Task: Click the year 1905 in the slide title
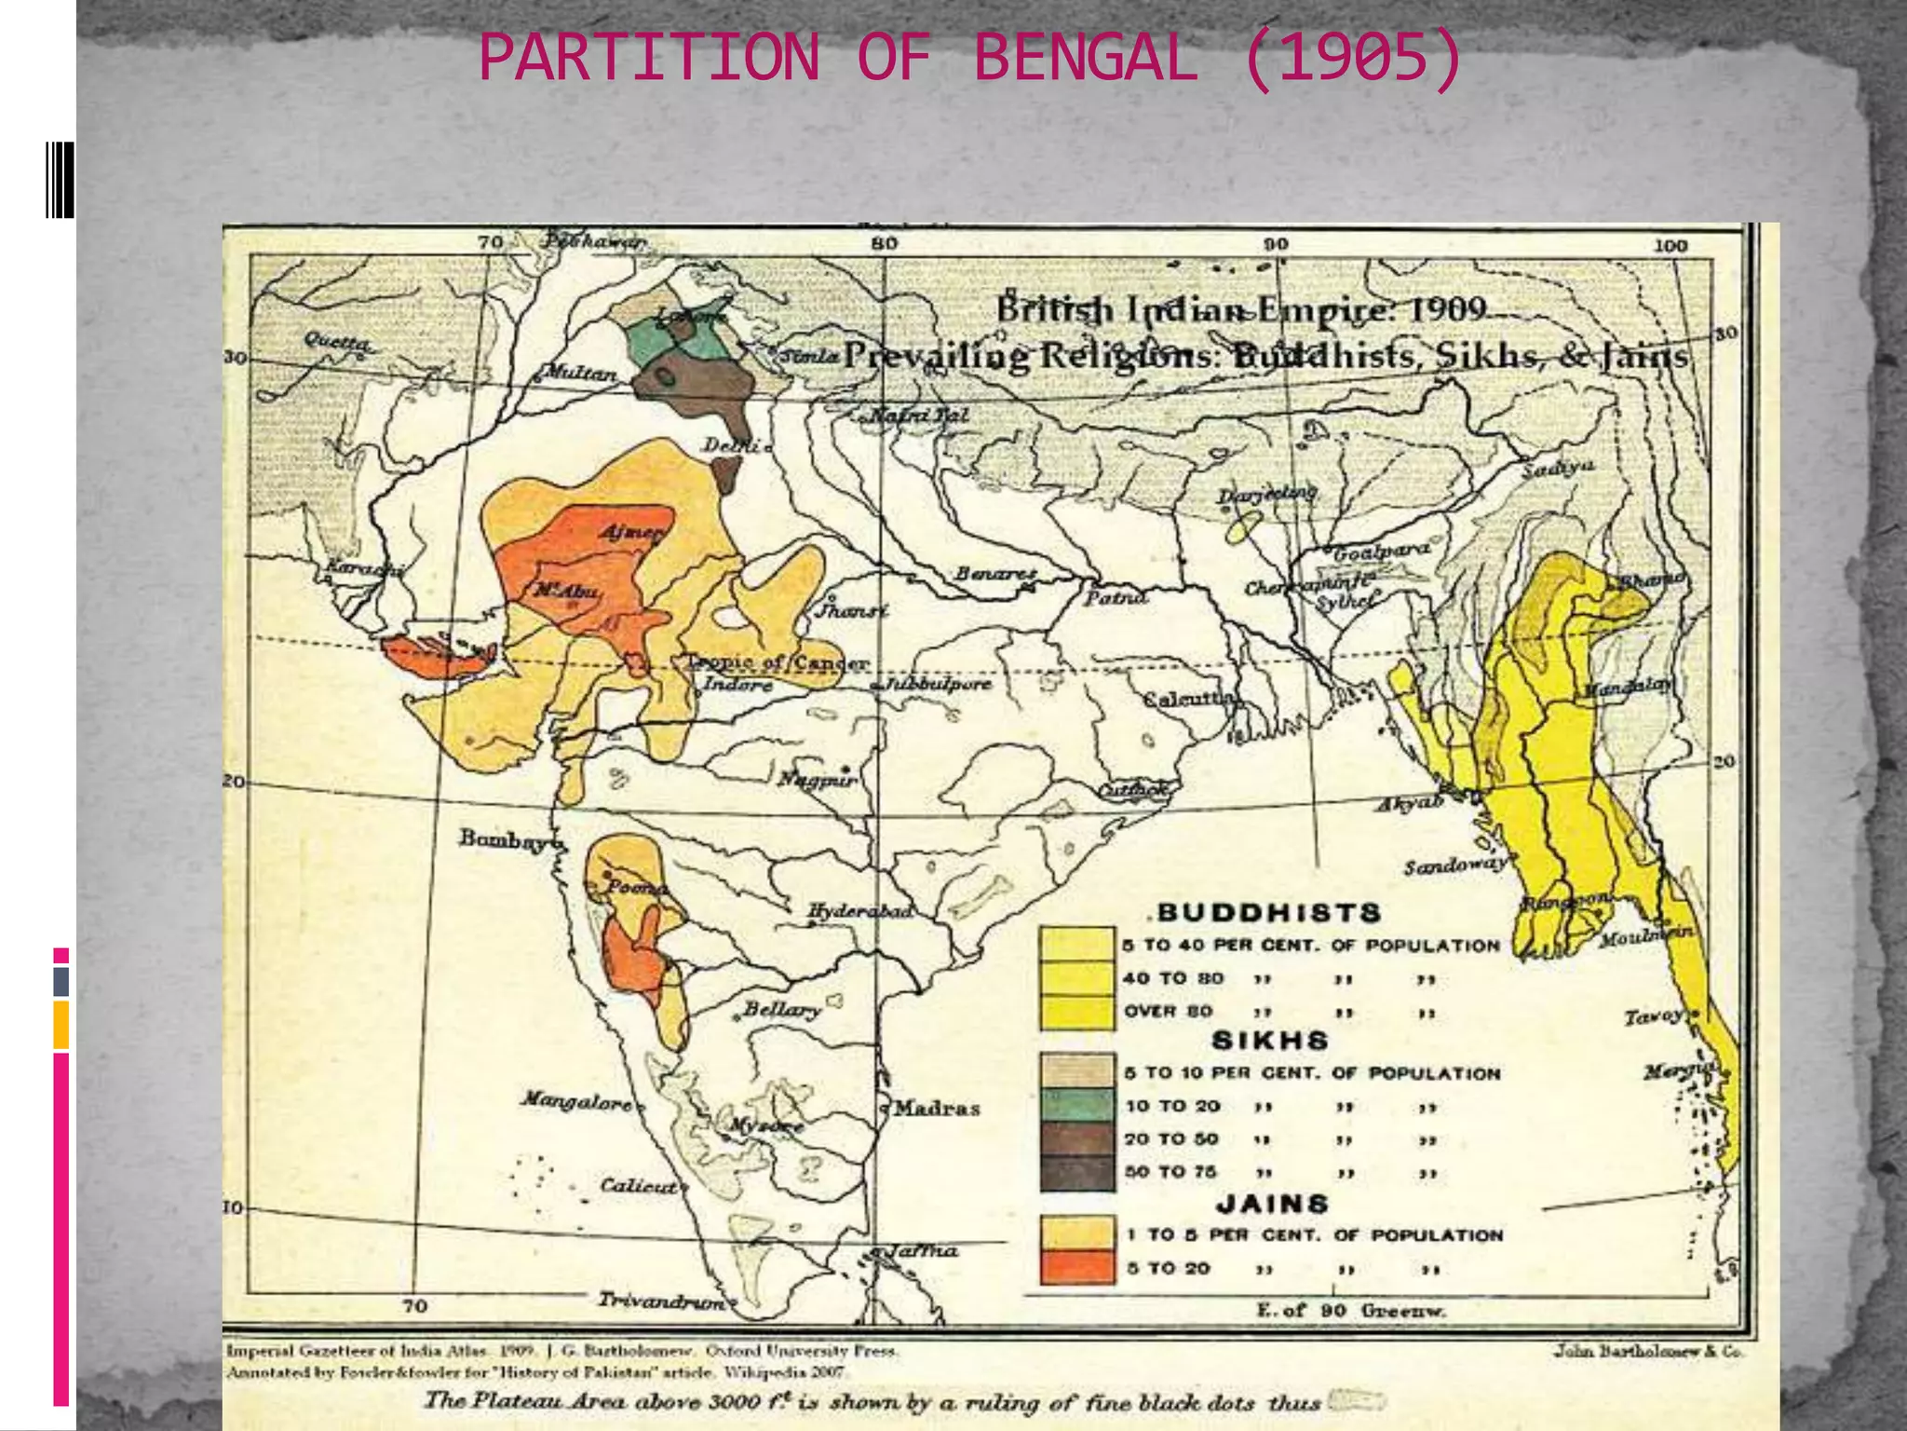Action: (x=1352, y=58)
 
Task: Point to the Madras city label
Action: (x=936, y=1108)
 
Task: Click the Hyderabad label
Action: (x=859, y=910)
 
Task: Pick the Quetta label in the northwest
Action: (x=338, y=342)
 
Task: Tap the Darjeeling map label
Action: (x=1267, y=494)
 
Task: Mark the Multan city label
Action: (x=579, y=374)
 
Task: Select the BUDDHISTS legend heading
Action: (x=1269, y=912)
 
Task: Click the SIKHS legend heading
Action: (x=1269, y=1040)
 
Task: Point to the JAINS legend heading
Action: (x=1272, y=1203)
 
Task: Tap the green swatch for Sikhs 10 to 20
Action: (x=1077, y=1106)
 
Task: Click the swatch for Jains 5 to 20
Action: (x=1077, y=1267)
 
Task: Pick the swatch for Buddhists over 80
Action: (x=1077, y=1012)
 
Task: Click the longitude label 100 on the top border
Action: (x=1670, y=246)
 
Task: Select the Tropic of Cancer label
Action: (x=778, y=663)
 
